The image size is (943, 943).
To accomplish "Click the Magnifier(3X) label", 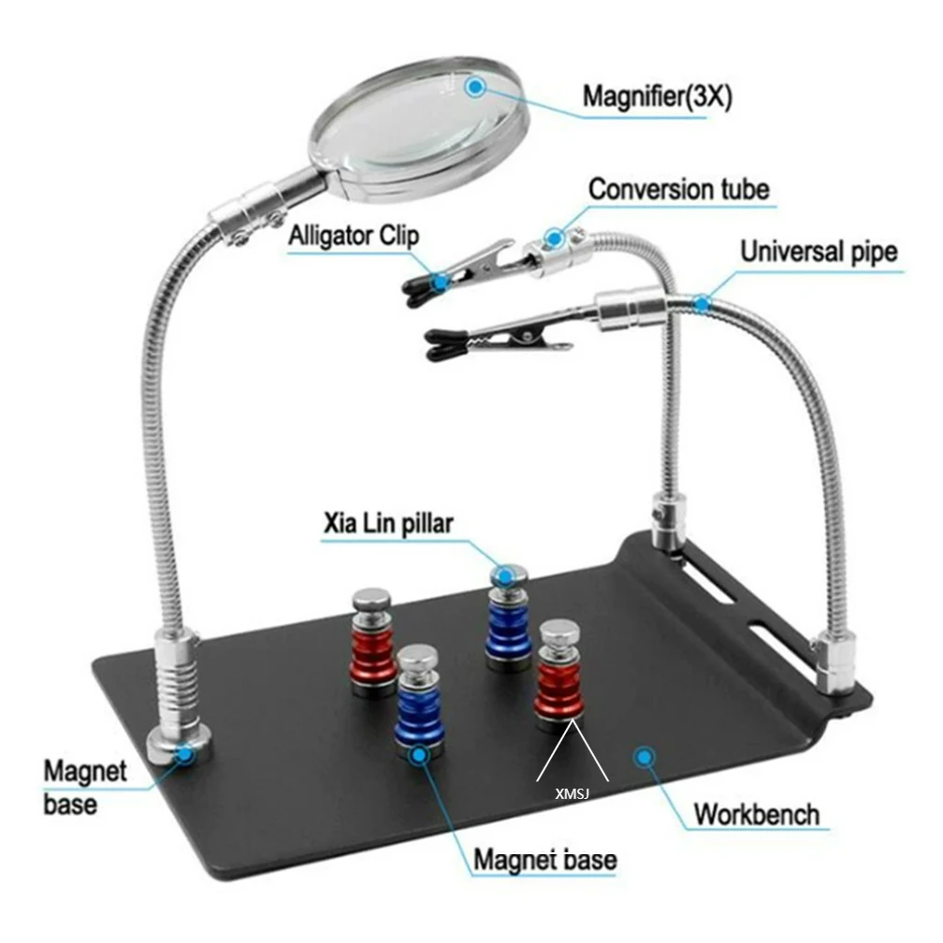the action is [657, 96].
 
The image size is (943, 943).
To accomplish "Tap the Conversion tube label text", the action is [678, 189].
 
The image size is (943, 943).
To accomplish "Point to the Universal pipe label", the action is [819, 251].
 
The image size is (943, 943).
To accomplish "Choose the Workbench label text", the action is [756, 813].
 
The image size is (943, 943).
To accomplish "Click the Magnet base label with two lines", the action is [84, 787].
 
